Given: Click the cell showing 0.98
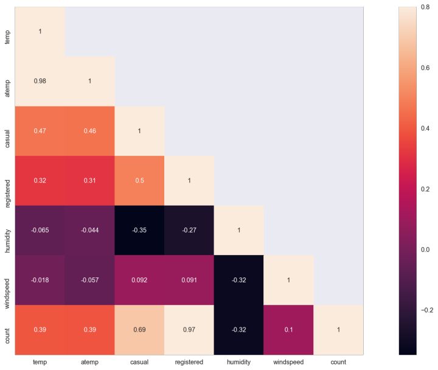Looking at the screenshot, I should pos(40,81).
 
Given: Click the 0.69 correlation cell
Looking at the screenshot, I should pos(139,329).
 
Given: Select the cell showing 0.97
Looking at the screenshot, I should pos(189,329).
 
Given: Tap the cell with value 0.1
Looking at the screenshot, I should pos(289,329).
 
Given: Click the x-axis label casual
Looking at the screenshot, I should pos(139,362).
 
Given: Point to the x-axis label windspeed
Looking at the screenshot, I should pos(289,362).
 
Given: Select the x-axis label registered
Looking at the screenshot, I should pos(189,362).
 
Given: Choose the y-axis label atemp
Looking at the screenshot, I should pos(7,81).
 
